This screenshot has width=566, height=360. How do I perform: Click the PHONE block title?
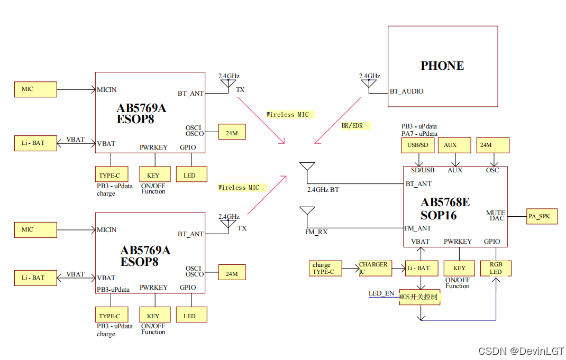[x=442, y=66]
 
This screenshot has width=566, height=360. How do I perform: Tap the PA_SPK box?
[x=542, y=216]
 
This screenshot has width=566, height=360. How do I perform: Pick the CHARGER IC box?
[x=375, y=268]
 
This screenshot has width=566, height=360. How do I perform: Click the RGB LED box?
[x=496, y=268]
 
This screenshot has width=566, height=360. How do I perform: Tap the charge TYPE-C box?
[x=325, y=268]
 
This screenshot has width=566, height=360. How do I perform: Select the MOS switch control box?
[x=421, y=297]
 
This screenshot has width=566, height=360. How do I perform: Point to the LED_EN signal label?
[x=381, y=293]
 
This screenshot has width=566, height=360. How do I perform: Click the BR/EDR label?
[x=352, y=126]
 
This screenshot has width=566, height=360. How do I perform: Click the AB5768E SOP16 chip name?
[x=445, y=209]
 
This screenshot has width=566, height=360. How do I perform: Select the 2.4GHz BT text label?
[x=323, y=189]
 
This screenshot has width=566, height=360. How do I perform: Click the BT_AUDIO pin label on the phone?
[x=406, y=91]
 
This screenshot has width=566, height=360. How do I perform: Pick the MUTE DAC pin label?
[x=496, y=216]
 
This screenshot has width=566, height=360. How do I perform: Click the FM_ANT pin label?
[x=418, y=228]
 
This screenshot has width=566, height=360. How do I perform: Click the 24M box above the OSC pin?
[x=494, y=145]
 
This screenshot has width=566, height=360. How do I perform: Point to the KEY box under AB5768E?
[x=459, y=268]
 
